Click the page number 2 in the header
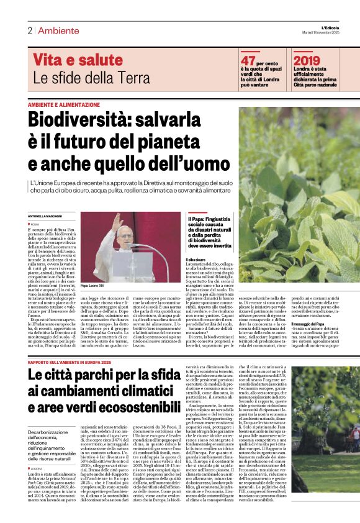(29, 30)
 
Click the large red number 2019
(307, 60)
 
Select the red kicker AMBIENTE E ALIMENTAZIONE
(63, 105)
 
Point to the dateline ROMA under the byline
(34, 224)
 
